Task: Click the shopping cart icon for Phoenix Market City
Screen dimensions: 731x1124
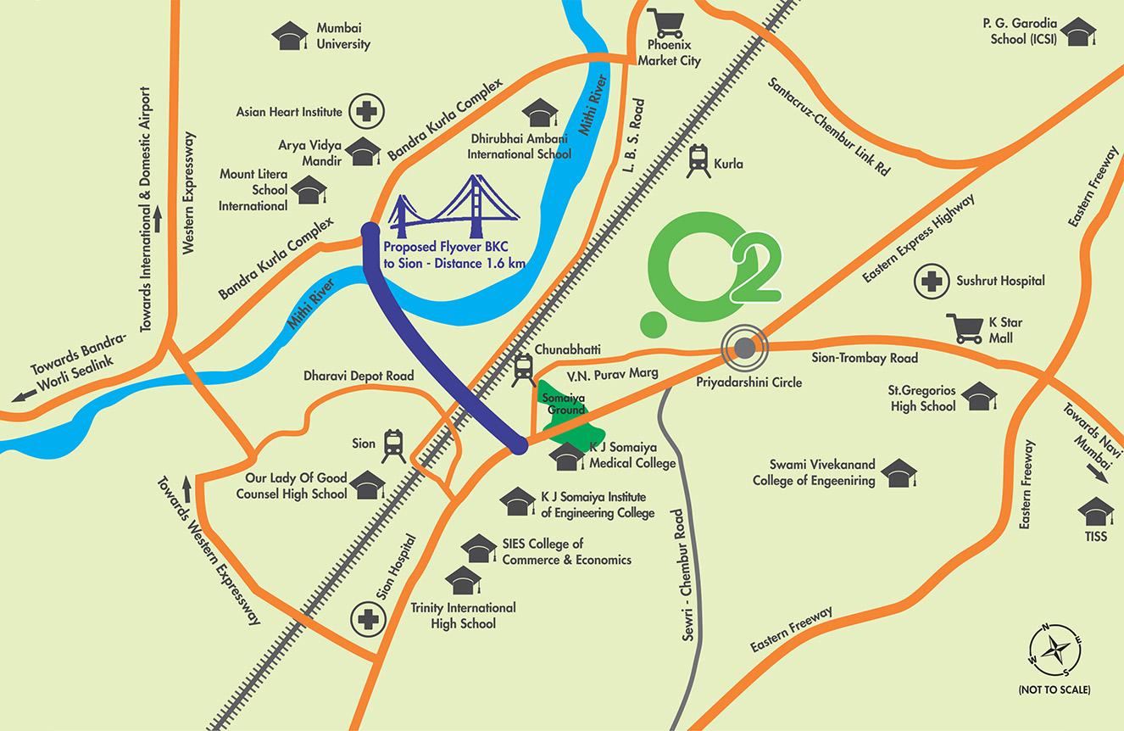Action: [x=663, y=22]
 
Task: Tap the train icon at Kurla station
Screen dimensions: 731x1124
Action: [x=698, y=160]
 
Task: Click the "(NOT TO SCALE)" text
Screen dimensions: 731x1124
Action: [x=1054, y=690]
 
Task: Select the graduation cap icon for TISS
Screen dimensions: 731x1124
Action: [x=1095, y=512]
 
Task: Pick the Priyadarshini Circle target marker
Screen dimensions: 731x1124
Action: [x=744, y=347]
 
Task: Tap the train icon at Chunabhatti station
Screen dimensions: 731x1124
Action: [x=523, y=370]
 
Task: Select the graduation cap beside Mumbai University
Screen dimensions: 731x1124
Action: [x=289, y=36]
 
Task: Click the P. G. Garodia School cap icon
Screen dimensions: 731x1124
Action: [x=1077, y=34]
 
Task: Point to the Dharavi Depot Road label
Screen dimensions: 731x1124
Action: [x=359, y=376]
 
